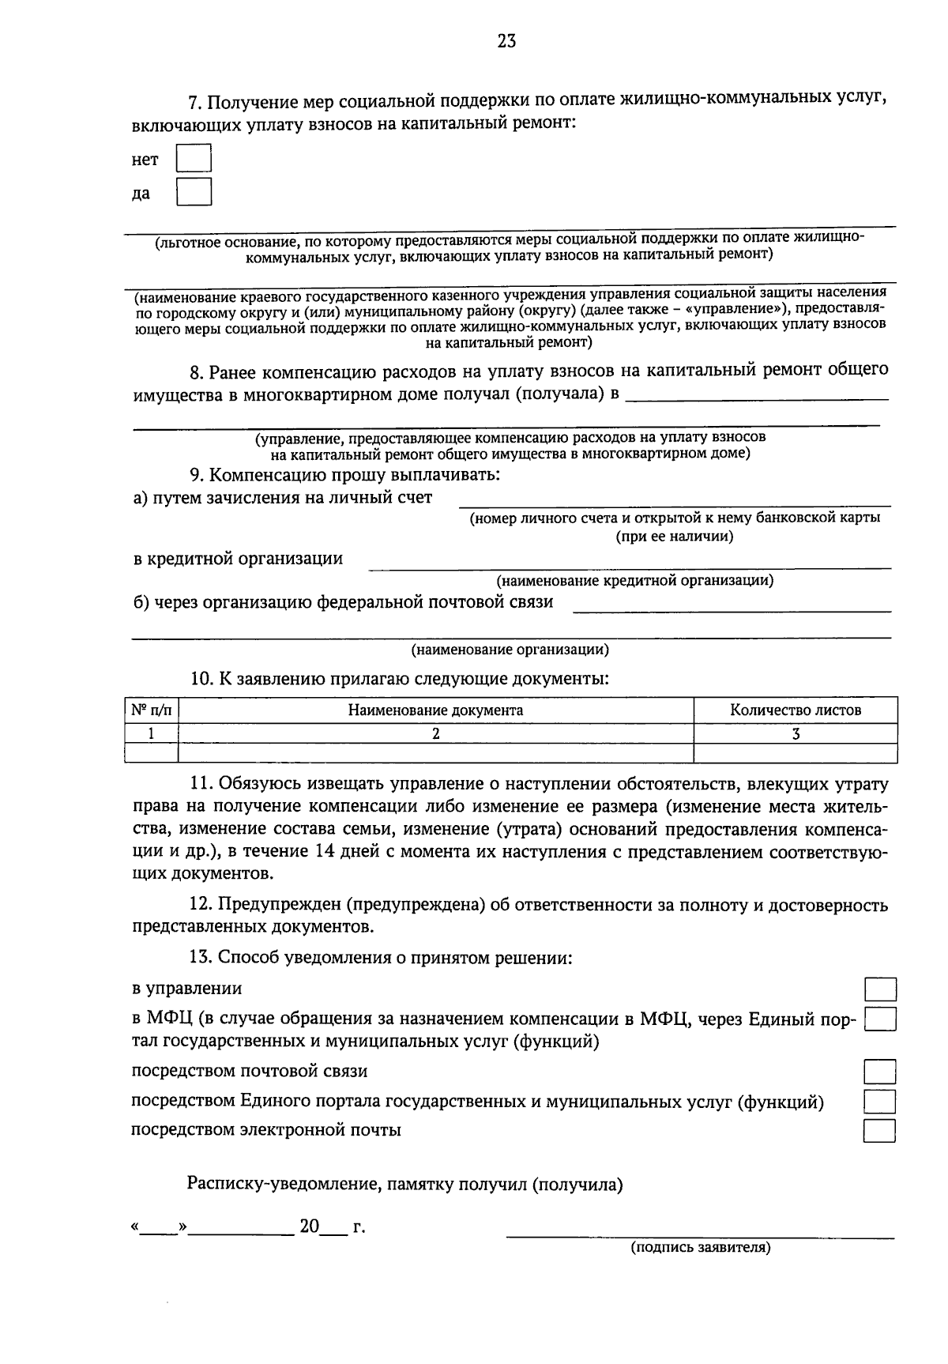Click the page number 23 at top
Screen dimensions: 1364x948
tap(506, 42)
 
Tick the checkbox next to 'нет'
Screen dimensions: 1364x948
tap(194, 158)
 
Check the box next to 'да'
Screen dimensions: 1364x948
tap(194, 192)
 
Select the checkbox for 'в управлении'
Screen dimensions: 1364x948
tap(879, 989)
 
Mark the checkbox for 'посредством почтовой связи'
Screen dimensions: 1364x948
tap(879, 1072)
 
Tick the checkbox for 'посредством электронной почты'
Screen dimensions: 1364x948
tap(879, 1131)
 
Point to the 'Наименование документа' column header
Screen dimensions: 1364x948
tap(435, 710)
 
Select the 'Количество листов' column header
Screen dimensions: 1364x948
tap(795, 710)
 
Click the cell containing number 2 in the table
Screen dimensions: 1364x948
tap(435, 733)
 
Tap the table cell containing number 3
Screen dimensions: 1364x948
tap(796, 733)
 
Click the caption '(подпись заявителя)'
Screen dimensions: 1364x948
tap(699, 1248)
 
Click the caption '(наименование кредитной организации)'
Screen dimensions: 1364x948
tap(634, 581)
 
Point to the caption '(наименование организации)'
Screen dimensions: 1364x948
tap(510, 650)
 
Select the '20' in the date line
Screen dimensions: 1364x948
tap(309, 1227)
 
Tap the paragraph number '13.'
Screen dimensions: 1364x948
tap(200, 958)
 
